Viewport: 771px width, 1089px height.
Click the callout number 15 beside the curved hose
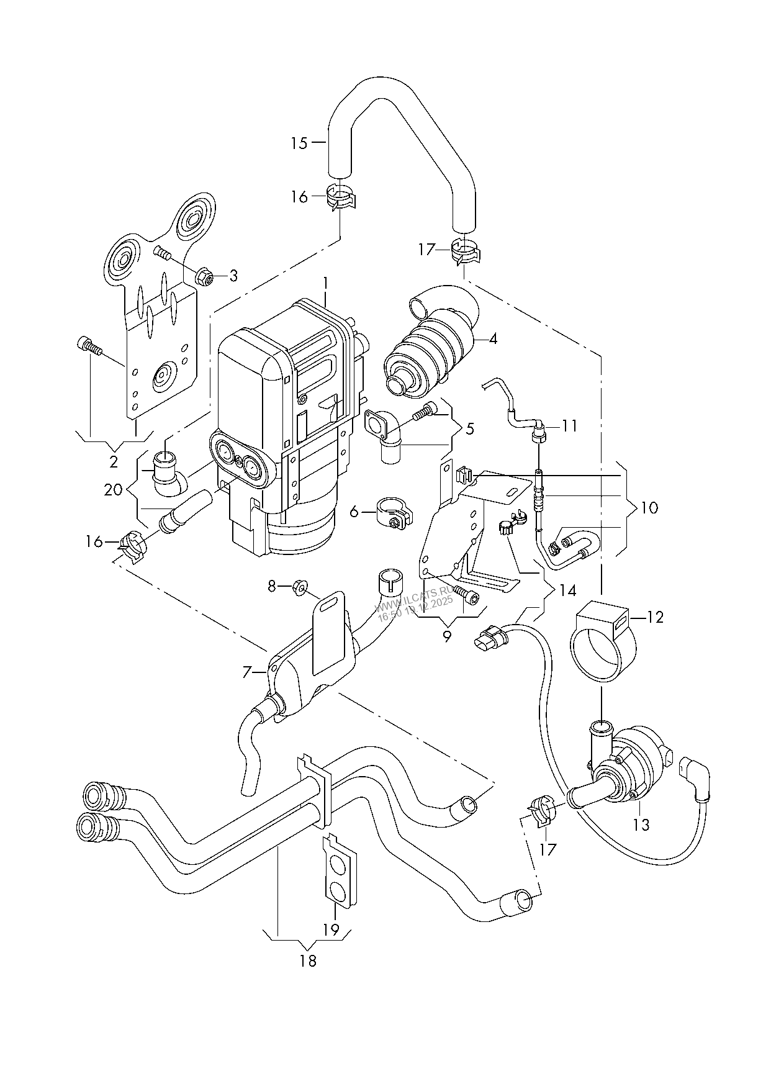[299, 143]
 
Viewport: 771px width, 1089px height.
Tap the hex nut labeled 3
[203, 277]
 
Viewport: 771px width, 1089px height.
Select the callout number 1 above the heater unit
[324, 285]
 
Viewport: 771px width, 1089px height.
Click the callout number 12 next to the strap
[656, 617]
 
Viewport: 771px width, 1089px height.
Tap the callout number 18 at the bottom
[308, 962]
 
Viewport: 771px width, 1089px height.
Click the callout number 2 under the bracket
[113, 461]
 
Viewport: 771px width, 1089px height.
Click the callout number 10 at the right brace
[649, 508]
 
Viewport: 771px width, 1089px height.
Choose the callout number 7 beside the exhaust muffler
[246, 672]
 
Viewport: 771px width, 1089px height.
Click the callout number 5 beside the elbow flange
[470, 429]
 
